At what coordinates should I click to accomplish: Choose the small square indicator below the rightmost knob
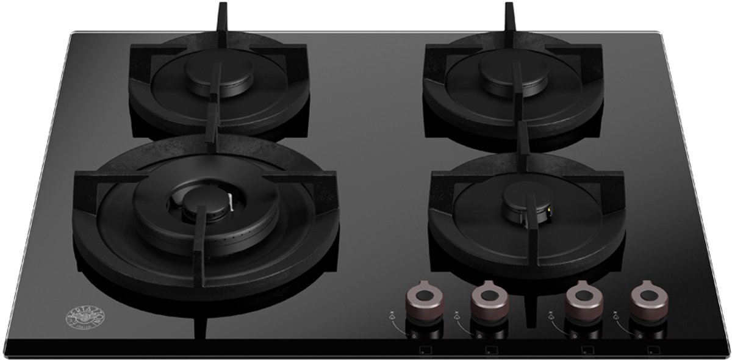pyautogui.click(x=652, y=351)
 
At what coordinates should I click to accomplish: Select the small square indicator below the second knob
pyautogui.click(x=490, y=351)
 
